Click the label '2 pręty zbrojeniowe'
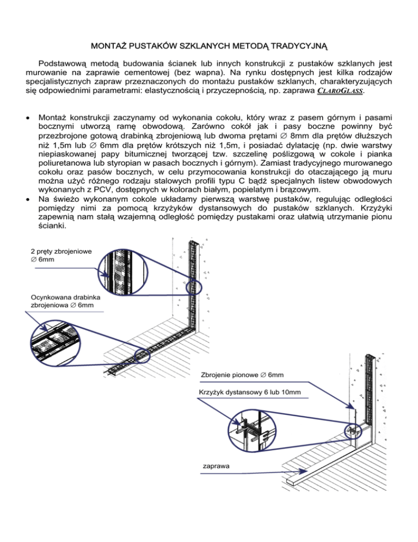(x=62, y=251)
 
